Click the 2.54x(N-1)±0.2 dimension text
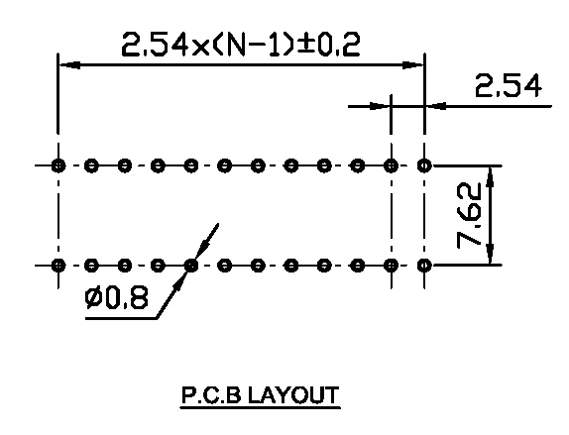click(241, 45)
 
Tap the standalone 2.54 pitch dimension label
click(508, 85)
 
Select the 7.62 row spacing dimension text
click(469, 216)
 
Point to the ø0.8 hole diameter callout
click(117, 297)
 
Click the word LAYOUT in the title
click(293, 395)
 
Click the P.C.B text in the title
click(211, 395)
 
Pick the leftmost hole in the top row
click(58, 165)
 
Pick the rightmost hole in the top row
click(424, 165)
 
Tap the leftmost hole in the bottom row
click(58, 266)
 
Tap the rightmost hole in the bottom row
click(424, 266)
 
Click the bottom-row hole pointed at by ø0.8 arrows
click(191, 266)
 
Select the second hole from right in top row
click(391, 165)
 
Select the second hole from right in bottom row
click(391, 266)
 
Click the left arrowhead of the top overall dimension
click(69, 65)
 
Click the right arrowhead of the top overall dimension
click(413, 65)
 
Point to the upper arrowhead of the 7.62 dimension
click(491, 177)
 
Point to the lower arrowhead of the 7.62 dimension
click(491, 254)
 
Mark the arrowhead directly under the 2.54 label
click(436, 106)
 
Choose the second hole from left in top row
click(91, 165)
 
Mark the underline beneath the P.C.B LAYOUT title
click(260, 408)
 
